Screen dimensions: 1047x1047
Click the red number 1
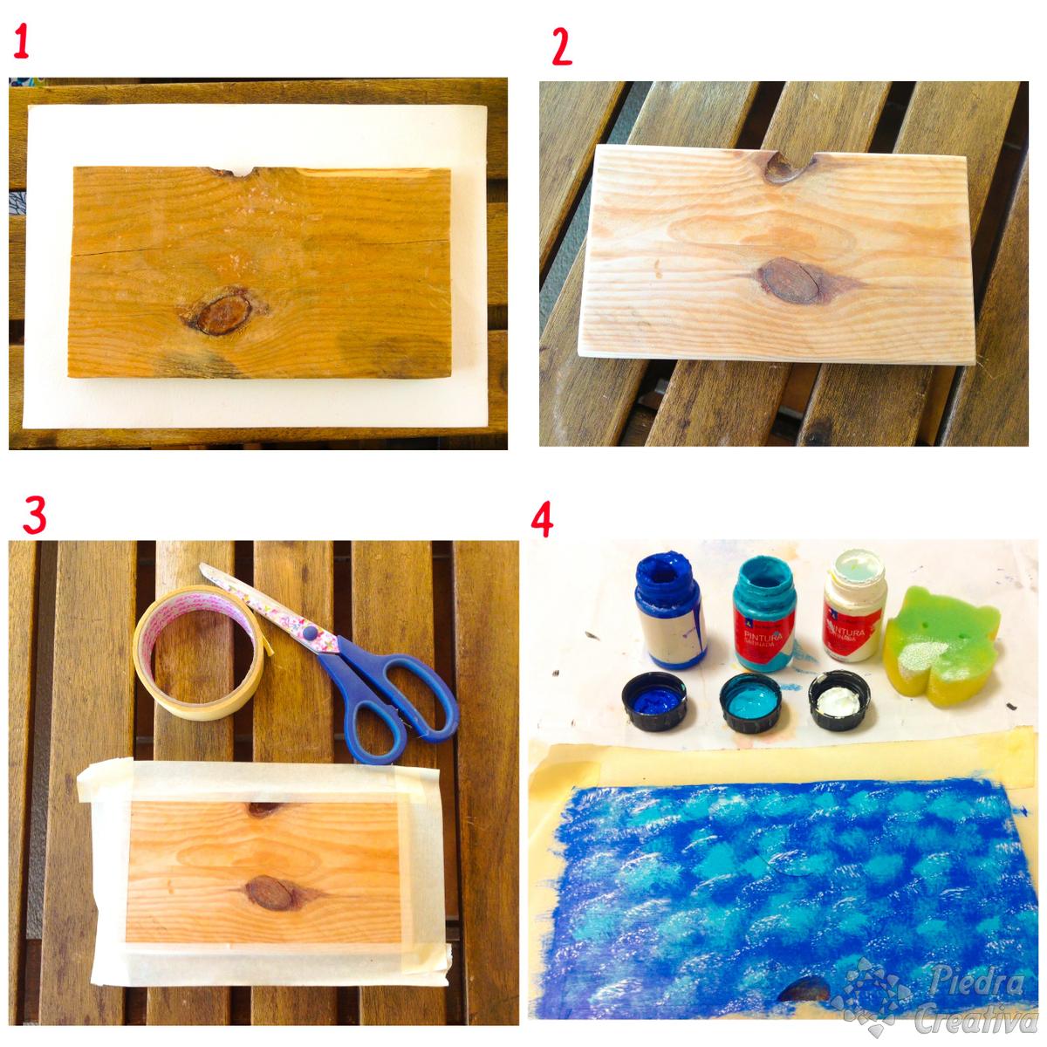[x=22, y=41]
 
